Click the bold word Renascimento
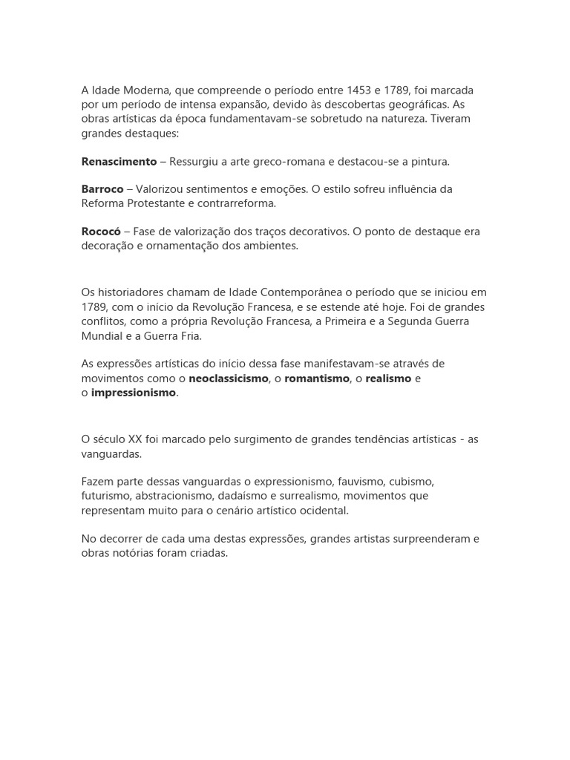tap(119, 161)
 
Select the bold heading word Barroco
tap(102, 189)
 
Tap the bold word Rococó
tap(101, 232)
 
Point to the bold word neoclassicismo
tap(229, 379)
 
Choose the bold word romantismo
tap(317, 379)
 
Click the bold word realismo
tap(388, 379)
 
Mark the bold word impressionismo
tap(134, 393)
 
